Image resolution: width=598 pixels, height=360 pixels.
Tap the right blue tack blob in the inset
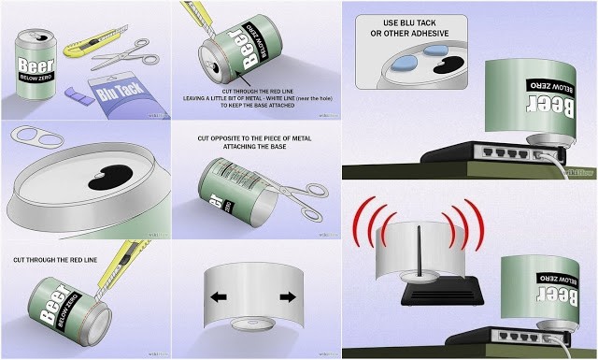coord(432,58)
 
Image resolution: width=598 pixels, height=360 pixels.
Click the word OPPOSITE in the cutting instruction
coord(225,138)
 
